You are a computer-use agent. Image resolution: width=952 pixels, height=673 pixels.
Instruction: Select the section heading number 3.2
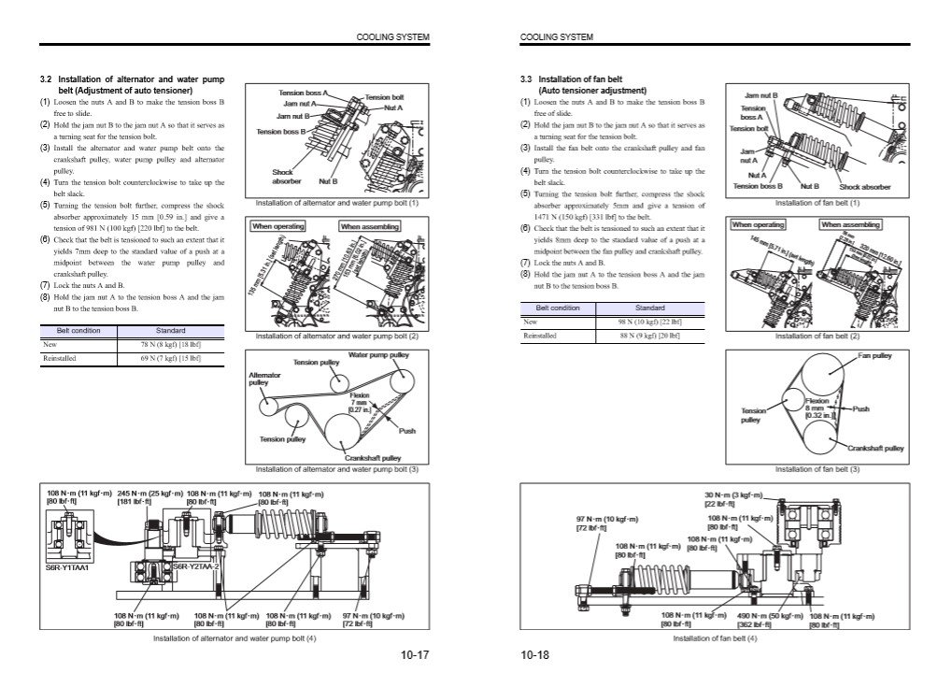pos(46,79)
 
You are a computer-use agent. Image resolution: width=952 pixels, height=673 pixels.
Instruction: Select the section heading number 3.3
pos(526,79)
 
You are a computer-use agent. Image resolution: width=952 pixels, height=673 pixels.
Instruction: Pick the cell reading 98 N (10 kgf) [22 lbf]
pos(649,322)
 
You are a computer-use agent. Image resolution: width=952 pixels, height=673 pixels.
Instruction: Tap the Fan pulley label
pos(874,356)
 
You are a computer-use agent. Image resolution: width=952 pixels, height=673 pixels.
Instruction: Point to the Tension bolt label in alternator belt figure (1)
pos(384,97)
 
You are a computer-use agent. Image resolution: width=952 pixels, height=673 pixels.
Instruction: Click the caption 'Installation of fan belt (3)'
pos(817,468)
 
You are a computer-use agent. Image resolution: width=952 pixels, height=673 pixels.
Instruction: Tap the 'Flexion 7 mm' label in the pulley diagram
pos(359,398)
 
